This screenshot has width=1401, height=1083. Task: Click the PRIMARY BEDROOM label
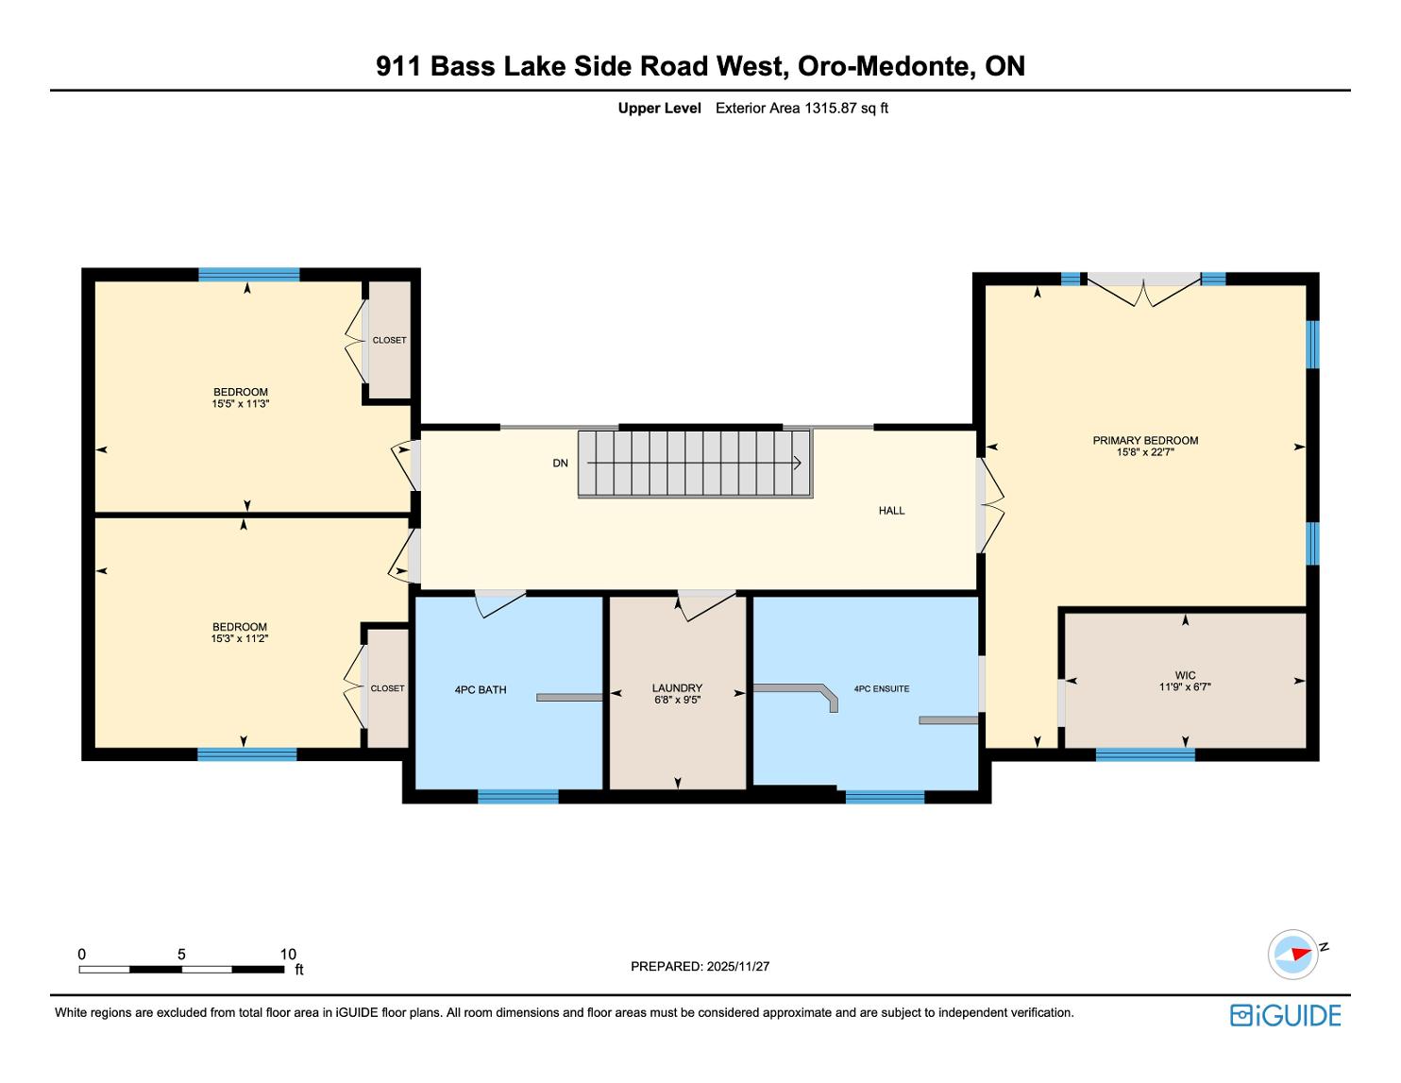pos(1145,440)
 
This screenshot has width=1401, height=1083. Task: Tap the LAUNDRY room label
pos(677,687)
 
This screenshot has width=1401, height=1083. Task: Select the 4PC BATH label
pos(481,690)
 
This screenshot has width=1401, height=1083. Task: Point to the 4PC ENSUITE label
pos(882,688)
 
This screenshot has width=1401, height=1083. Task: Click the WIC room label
pos(1185,676)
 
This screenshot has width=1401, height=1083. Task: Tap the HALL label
pos(891,511)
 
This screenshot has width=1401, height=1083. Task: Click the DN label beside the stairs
pos(560,463)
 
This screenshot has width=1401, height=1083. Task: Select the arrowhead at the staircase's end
pos(798,463)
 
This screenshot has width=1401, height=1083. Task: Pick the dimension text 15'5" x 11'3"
pos(241,403)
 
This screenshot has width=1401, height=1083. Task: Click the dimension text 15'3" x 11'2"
pos(240,638)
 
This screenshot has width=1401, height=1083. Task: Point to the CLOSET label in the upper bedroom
pos(389,340)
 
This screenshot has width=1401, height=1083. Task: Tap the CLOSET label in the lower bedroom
pos(387,688)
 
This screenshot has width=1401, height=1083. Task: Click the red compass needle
pos(1302,954)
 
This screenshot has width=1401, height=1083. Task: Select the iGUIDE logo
pos(1285,1015)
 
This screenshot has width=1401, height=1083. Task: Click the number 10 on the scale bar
pos(288,954)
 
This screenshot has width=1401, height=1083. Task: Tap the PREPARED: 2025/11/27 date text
pos(700,966)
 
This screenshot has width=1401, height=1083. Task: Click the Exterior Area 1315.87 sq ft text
pos(802,109)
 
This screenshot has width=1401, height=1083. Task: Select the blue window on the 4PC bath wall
pos(517,796)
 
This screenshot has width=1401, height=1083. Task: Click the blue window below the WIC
pos(1145,754)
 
